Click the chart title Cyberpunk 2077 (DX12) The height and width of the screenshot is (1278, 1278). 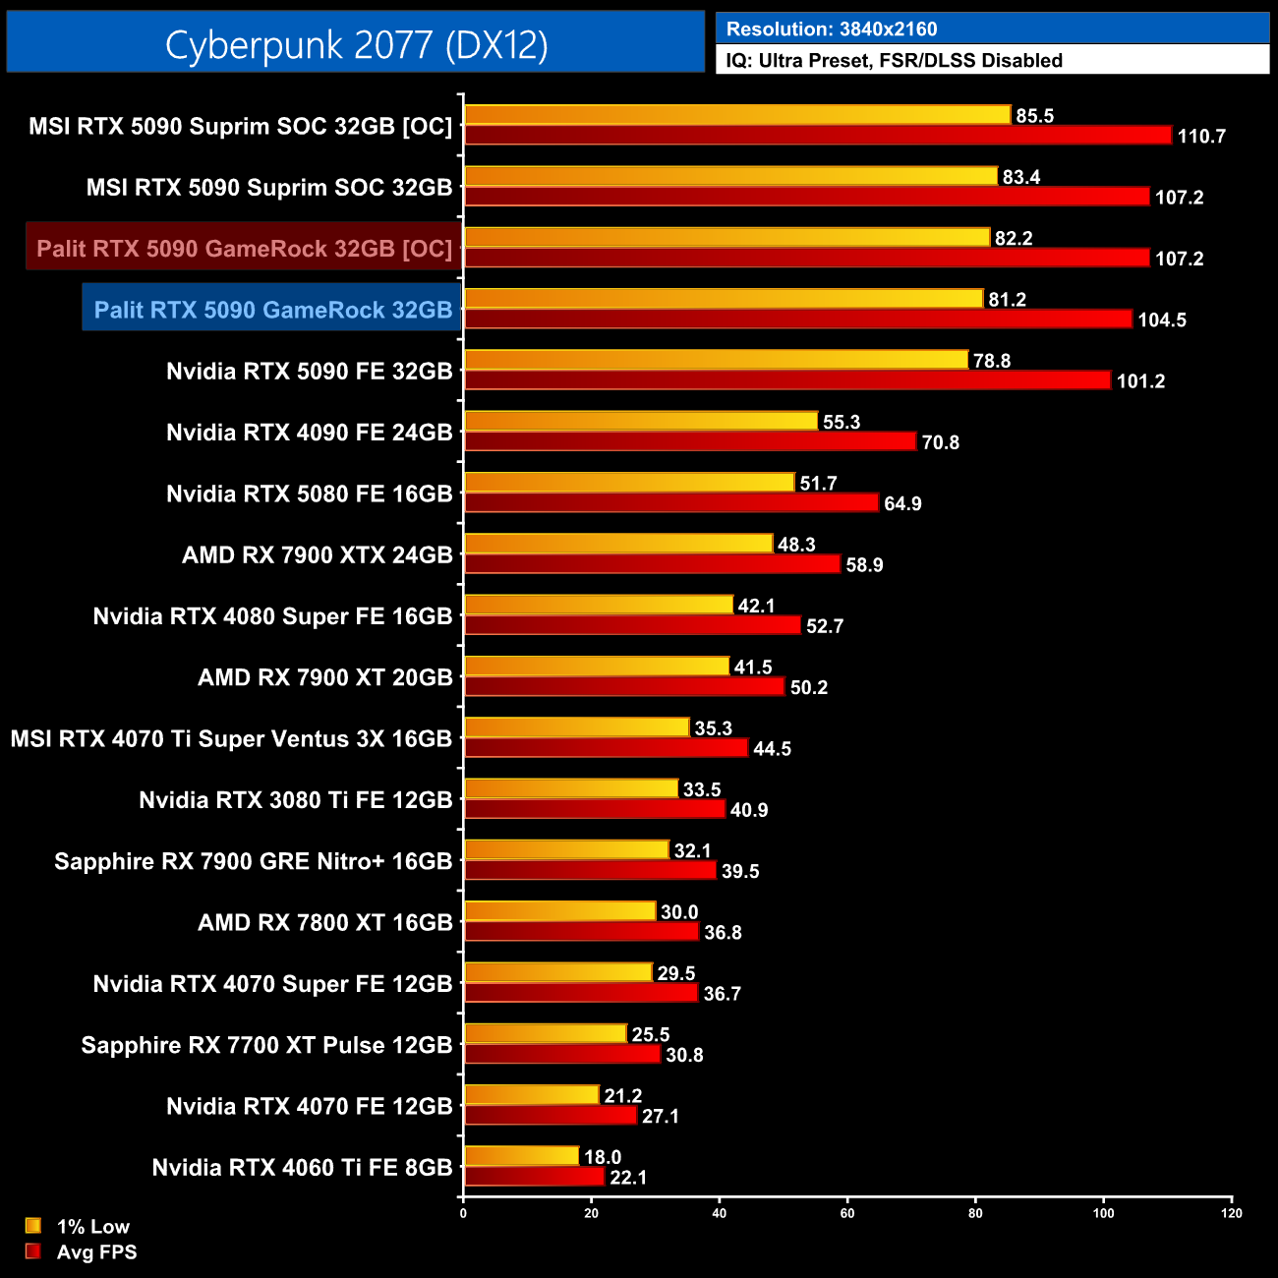(356, 44)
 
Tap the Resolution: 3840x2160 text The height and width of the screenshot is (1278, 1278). (831, 29)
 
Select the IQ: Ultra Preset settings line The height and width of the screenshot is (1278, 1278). (894, 60)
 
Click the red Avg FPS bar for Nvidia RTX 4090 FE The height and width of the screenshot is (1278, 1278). (690, 441)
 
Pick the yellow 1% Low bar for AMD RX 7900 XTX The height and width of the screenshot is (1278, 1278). (618, 544)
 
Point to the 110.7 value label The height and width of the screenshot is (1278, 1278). (1200, 137)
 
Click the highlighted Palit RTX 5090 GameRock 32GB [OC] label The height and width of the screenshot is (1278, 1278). (244, 249)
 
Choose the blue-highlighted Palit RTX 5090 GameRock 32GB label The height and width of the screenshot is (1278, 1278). (272, 310)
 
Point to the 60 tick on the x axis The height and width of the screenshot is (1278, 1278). (846, 1213)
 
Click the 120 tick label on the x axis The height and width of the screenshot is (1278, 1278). (1231, 1213)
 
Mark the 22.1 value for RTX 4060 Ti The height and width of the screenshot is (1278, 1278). (628, 1178)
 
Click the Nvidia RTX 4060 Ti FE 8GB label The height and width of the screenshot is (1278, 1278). (302, 1167)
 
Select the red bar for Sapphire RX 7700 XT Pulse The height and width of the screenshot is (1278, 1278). (562, 1054)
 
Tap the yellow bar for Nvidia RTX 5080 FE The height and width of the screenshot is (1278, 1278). (629, 483)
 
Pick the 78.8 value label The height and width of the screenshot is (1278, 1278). (991, 361)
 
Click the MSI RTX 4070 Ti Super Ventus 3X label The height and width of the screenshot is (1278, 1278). (231, 738)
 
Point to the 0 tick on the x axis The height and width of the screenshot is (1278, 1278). (463, 1213)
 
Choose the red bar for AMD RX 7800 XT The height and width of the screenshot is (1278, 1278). (581, 931)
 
